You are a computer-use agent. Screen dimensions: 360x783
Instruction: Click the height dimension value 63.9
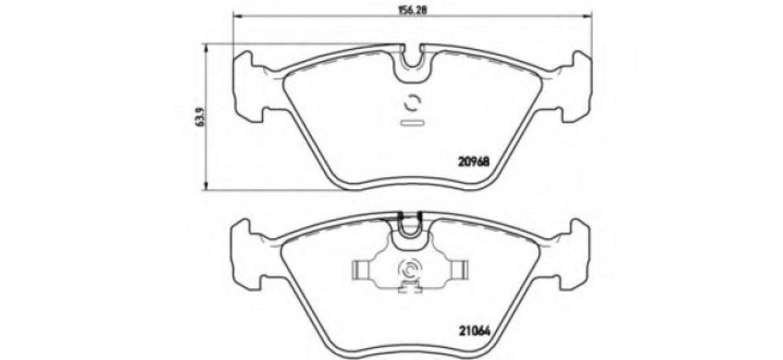[198, 117]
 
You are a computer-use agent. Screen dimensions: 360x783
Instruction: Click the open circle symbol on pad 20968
[412, 103]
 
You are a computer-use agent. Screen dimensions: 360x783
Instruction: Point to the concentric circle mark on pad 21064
[409, 270]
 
